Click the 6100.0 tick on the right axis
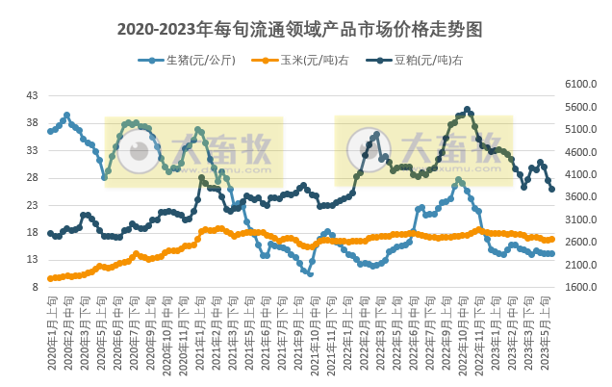(582, 85)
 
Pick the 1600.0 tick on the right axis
(582, 288)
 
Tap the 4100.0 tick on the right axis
(582, 175)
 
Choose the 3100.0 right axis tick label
(582, 220)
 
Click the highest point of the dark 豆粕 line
(468, 110)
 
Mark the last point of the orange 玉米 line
(551, 239)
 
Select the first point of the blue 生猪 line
(51, 131)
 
